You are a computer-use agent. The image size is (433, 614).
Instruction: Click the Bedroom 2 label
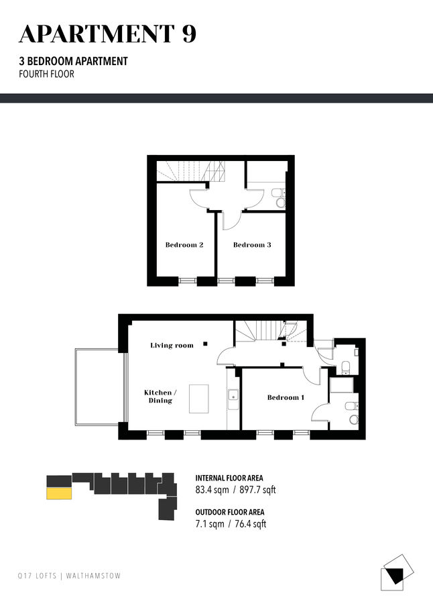[184, 245]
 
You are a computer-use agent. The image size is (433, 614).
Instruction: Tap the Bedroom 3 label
[252, 245]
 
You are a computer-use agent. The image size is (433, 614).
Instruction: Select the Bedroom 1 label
[286, 397]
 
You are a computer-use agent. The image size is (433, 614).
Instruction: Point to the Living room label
[172, 346]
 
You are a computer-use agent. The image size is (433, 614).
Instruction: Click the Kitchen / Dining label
[160, 397]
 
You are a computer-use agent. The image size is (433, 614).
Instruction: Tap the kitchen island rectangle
[198, 399]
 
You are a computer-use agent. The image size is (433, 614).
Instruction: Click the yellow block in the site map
[59, 493]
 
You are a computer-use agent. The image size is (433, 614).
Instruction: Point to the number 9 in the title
[188, 34]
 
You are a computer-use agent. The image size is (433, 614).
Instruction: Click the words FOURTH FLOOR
[46, 74]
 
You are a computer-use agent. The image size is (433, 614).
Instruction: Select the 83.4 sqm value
[212, 490]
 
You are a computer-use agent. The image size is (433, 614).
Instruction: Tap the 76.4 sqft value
[250, 524]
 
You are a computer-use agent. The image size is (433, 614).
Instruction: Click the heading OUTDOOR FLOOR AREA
[230, 512]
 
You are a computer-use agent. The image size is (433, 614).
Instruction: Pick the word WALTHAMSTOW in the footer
[93, 576]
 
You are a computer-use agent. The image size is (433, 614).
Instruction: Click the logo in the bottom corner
[397, 572]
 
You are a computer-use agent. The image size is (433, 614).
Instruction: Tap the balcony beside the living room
[99, 387]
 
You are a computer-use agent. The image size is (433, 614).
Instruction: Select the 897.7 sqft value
[257, 490]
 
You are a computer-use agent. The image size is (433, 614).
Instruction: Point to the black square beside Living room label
[205, 344]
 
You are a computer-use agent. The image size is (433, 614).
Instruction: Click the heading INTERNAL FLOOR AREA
[229, 478]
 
